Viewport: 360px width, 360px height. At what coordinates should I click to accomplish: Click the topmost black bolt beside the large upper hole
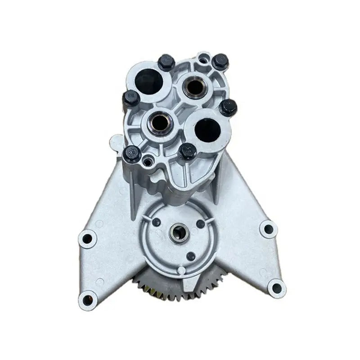coord(166,62)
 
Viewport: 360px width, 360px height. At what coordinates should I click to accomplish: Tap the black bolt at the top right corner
coord(220,61)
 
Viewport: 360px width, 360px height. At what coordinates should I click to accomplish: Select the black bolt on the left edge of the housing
coord(131,98)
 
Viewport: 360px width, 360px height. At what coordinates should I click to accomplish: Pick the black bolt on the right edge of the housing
coord(228,107)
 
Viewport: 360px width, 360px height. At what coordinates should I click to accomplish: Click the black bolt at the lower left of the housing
coord(132,154)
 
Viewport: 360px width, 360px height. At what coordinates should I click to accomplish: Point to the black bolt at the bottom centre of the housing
coord(187,151)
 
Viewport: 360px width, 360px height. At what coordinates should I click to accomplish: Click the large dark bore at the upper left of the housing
coord(149,83)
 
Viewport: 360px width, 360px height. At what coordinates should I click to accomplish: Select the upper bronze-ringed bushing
coord(194,86)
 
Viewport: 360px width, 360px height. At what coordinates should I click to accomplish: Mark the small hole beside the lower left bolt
coord(147,160)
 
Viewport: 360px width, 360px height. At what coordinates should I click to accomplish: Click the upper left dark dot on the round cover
coord(156,222)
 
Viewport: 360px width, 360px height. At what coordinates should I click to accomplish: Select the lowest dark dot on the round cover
coord(191,256)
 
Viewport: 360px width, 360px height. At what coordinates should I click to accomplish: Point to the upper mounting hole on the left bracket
coord(87,238)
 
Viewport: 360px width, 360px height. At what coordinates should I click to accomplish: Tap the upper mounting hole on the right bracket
coord(269,229)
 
